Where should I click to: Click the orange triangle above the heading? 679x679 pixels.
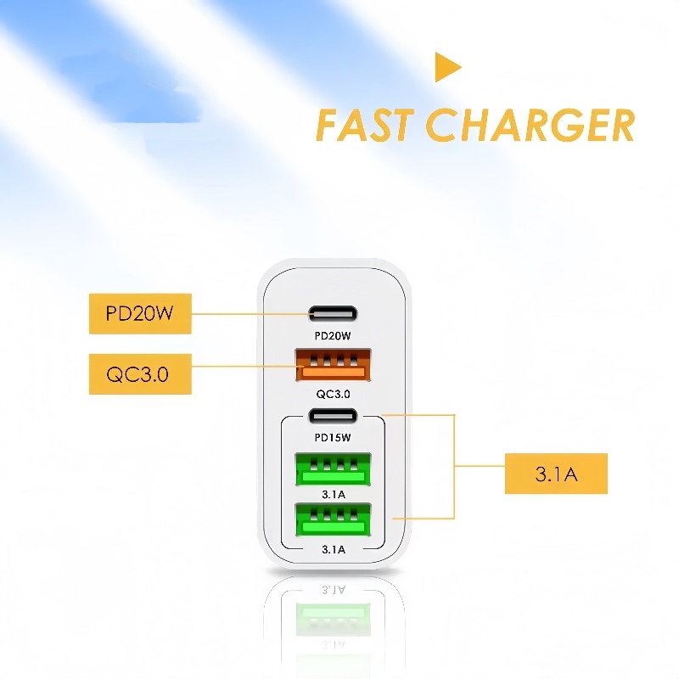446,67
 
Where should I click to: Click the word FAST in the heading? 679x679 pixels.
365,125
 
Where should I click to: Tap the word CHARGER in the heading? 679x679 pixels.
530,125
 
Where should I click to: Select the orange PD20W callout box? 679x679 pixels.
140,313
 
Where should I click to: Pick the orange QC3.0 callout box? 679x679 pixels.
140,373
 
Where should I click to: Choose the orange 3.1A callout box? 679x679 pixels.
556,474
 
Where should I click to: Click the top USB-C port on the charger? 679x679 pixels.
333,313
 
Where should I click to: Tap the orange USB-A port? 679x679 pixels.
333,365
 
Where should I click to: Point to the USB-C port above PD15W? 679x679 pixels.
333,416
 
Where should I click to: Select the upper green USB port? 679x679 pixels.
333,469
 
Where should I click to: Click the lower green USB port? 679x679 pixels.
333,519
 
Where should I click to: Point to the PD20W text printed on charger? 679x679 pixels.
333,335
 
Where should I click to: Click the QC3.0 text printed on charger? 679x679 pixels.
333,394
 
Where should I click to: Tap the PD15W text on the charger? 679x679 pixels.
333,437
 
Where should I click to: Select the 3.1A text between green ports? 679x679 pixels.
334,494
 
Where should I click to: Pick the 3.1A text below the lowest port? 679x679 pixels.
334,549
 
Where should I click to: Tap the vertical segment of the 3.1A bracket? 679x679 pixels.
454,466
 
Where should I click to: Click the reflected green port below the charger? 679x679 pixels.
333,620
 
